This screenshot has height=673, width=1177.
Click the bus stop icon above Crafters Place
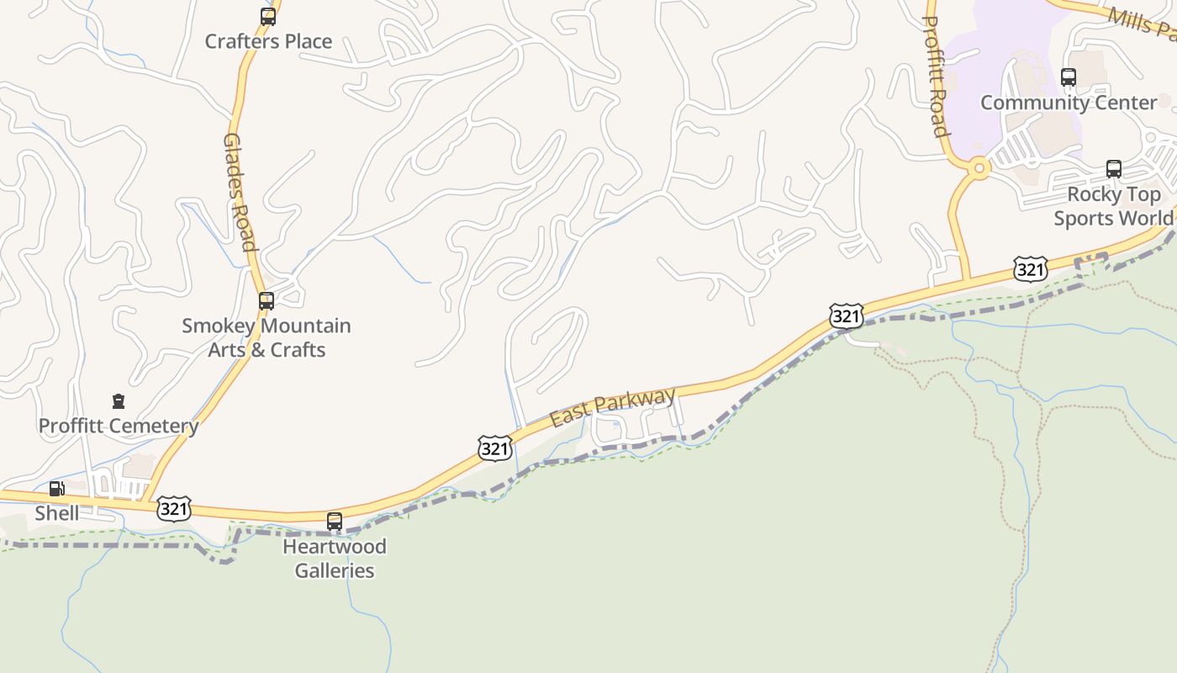click(x=267, y=16)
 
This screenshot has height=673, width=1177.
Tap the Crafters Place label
click(x=268, y=41)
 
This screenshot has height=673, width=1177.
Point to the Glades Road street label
click(x=239, y=192)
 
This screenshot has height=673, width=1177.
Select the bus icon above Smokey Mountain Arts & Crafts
click(x=267, y=300)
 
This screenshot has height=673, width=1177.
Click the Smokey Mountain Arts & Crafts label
click(x=267, y=337)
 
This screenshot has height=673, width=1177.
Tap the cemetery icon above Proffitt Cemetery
click(x=119, y=401)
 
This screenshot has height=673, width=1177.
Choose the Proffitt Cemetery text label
click(x=119, y=426)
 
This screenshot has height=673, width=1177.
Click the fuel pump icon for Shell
click(x=56, y=489)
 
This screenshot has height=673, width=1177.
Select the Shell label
click(x=57, y=513)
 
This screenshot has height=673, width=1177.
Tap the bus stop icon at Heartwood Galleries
click(x=335, y=522)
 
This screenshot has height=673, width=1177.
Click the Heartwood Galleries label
click(x=335, y=559)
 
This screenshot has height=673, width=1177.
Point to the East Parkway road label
click(x=613, y=407)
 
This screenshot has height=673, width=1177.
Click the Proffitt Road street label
click(x=936, y=76)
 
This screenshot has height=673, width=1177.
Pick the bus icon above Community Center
click(x=1069, y=77)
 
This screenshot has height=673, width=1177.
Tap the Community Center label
click(x=1069, y=103)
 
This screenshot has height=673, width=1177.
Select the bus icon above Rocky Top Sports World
click(x=1114, y=169)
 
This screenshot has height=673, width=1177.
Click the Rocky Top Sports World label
click(x=1113, y=206)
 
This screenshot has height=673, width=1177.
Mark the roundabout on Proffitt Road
click(x=979, y=168)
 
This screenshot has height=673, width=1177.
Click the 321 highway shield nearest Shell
click(x=174, y=509)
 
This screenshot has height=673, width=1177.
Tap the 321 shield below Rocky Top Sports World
click(x=1031, y=269)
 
